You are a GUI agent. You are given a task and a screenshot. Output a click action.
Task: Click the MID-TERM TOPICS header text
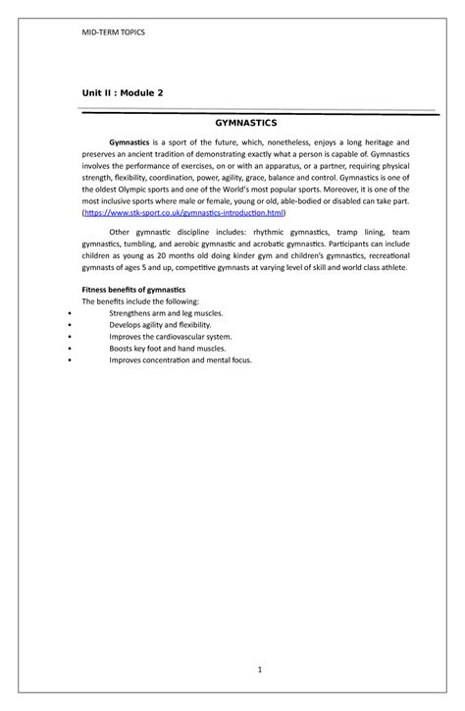click(112, 32)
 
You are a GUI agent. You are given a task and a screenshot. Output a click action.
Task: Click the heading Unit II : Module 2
click(122, 92)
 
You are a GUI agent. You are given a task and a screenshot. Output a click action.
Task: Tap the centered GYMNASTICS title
click(246, 124)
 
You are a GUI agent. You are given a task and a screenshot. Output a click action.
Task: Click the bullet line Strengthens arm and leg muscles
click(166, 312)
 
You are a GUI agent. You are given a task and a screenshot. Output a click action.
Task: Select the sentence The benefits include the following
click(140, 301)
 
